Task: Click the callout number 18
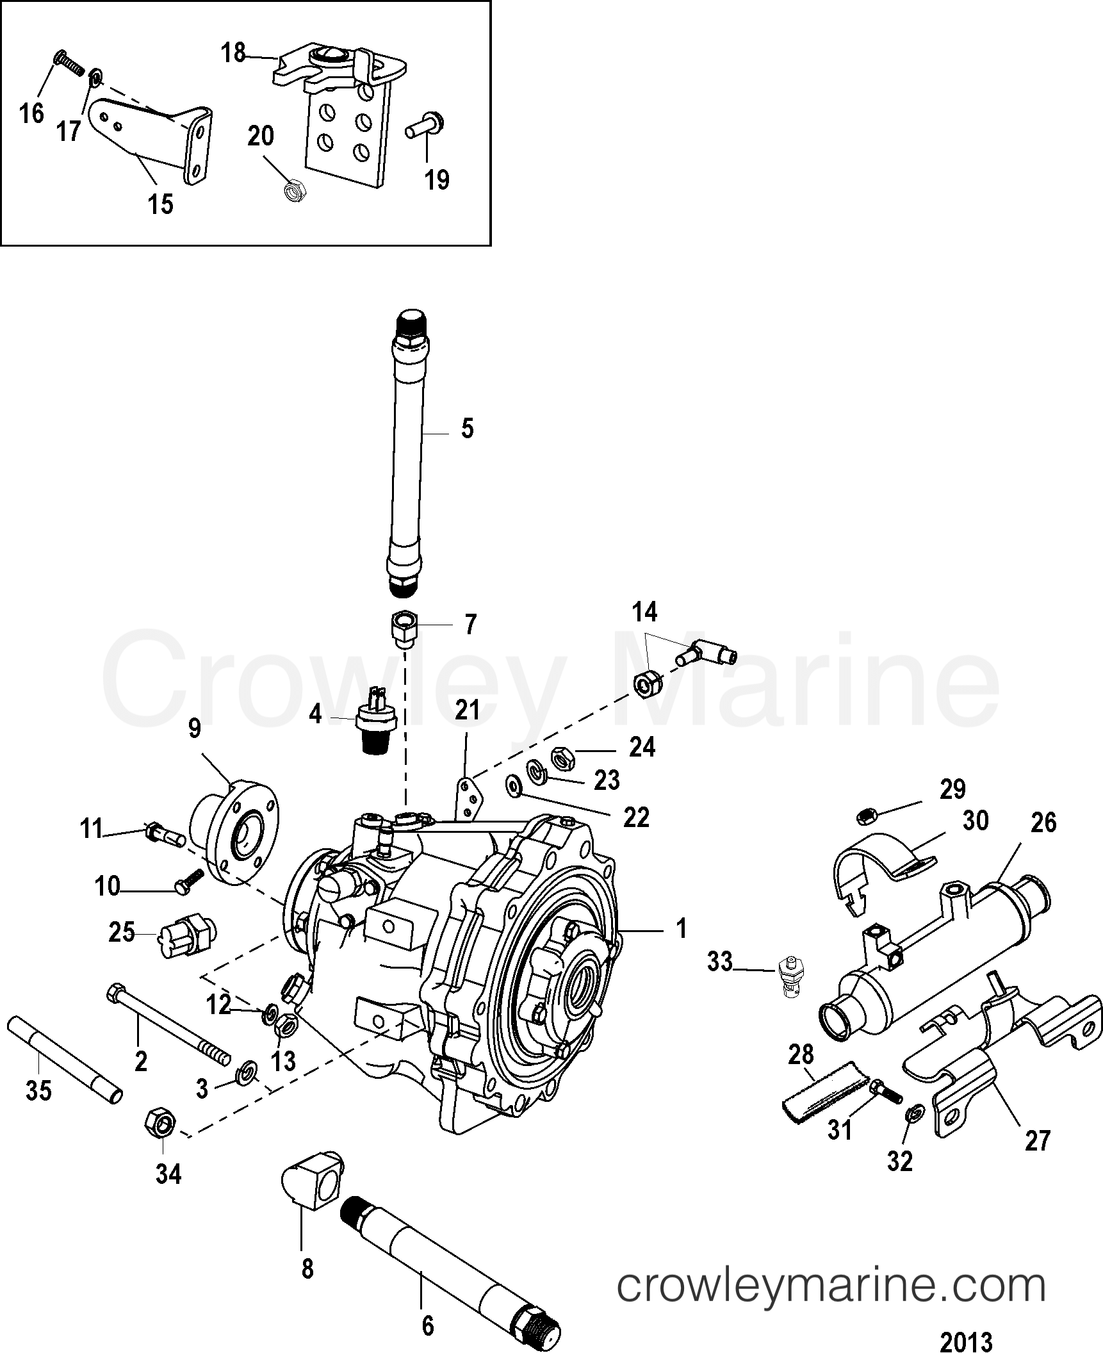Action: pyautogui.click(x=234, y=53)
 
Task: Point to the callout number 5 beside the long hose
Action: pyautogui.click(x=468, y=429)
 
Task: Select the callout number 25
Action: pyautogui.click(x=121, y=932)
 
